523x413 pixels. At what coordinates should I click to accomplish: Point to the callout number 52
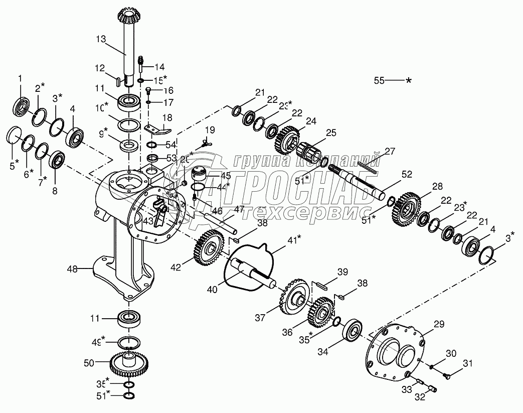tap(407, 175)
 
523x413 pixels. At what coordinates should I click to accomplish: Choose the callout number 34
tap(323, 352)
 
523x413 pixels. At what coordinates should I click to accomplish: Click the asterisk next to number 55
tap(409, 80)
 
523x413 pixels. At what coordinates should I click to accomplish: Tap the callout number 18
tap(167, 117)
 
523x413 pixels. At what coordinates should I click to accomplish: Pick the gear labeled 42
tap(208, 247)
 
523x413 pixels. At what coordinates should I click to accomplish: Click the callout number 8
tap(54, 191)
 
